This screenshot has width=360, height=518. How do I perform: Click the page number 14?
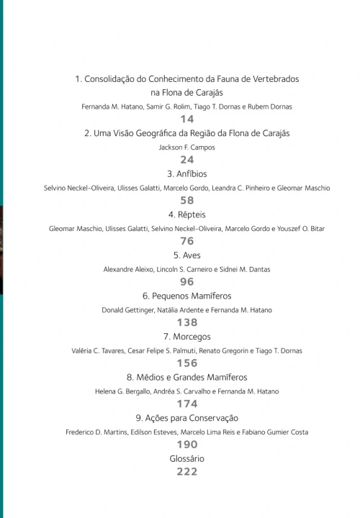187,119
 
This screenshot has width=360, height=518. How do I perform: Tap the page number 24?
187,160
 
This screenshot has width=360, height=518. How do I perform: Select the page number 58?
187,201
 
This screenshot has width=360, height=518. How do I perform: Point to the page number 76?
187,241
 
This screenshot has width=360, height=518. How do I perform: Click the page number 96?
187,282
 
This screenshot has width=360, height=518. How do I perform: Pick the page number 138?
187,322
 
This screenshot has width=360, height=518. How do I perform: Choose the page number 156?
187,363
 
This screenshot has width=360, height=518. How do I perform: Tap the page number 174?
187,404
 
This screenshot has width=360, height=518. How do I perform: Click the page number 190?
187,445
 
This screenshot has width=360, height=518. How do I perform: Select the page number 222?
187,472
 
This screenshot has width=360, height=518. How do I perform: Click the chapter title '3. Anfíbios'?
187,173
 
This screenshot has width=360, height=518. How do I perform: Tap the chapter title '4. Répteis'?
187,214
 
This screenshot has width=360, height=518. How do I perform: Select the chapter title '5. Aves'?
187,255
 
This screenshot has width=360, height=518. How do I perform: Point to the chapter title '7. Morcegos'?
187,336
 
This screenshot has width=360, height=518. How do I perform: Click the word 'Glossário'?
187,458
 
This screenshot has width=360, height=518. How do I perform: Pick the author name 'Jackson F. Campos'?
187,147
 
